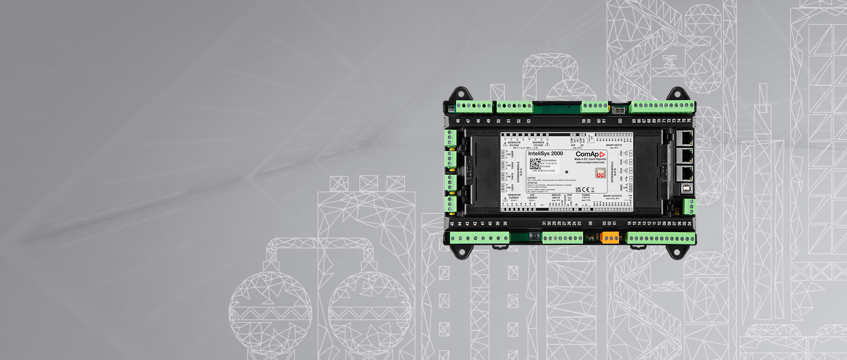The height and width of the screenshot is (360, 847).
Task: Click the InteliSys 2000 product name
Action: (545, 154)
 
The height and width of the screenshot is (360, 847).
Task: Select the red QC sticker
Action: (600, 174)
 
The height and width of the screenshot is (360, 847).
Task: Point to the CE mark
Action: (584, 190)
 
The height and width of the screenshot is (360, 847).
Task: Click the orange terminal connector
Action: (610, 238)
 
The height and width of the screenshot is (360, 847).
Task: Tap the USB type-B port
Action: (686, 188)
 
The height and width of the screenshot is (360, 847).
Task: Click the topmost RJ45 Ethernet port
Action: (686, 139)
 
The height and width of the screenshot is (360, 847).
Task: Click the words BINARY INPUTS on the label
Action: (614, 145)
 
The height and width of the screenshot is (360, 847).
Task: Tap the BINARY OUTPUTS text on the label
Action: (612, 196)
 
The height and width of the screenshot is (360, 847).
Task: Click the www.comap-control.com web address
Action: (591, 163)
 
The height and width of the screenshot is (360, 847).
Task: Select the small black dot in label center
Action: (567, 172)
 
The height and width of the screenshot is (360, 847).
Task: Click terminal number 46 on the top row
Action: (458, 121)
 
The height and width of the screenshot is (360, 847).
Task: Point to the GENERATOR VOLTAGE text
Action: (513, 143)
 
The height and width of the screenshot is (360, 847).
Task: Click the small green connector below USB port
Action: (688, 207)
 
